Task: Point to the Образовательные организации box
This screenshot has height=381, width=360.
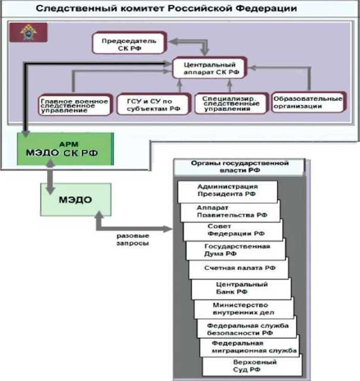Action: click(x=308, y=102)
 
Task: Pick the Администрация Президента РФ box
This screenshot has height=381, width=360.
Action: click(x=228, y=191)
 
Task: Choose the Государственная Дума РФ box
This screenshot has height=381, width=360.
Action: click(x=237, y=250)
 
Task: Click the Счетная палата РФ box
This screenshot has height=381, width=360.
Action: click(x=240, y=269)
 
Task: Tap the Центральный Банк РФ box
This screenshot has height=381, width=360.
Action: click(x=241, y=289)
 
